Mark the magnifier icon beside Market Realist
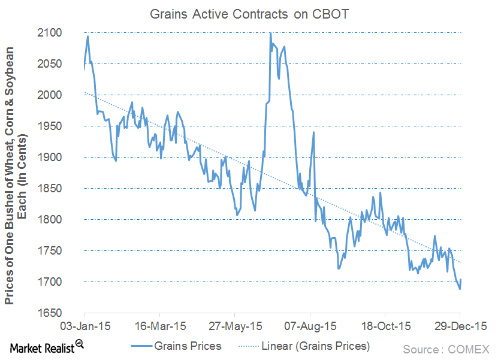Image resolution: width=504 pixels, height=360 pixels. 79,343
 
